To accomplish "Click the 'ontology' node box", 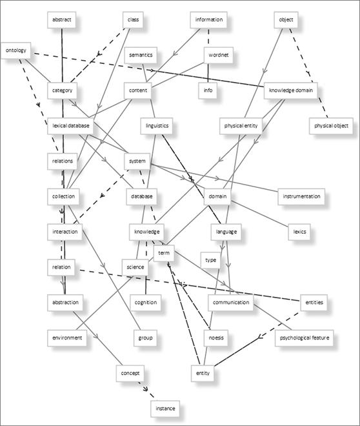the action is pyautogui.click(x=15, y=50).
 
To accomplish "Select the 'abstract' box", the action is pyautogui.click(x=62, y=20).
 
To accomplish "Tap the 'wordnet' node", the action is pyautogui.click(x=219, y=55).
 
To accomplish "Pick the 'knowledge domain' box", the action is pyautogui.click(x=290, y=90).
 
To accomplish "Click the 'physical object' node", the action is pyautogui.click(x=331, y=126).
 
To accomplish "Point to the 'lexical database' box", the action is pyautogui.click(x=70, y=126).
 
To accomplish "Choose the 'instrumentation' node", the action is pyautogui.click(x=301, y=196).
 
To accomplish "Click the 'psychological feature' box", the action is pyautogui.click(x=304, y=338).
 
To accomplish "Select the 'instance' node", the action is pyautogui.click(x=165, y=409).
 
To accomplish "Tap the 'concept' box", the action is pyautogui.click(x=130, y=373).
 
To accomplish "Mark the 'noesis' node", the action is pyautogui.click(x=216, y=338).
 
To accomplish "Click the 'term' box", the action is pyautogui.click(x=164, y=253).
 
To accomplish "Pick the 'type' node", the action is pyautogui.click(x=210, y=260).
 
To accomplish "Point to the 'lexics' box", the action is pyautogui.click(x=299, y=232).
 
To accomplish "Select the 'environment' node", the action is pyautogui.click(x=67, y=338).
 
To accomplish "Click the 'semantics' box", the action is pyautogui.click(x=141, y=55).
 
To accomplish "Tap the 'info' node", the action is pyautogui.click(x=208, y=90).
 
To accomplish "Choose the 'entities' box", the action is pyautogui.click(x=314, y=302).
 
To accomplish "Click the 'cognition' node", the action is pyautogui.click(x=146, y=302).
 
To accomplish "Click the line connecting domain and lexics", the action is pyautogui.click(x=259, y=213).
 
